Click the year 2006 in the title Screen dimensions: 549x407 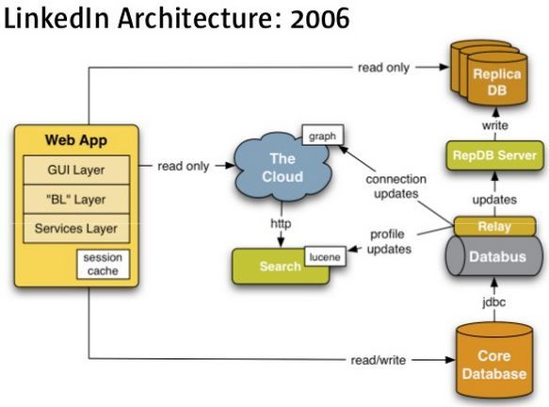pos(319,18)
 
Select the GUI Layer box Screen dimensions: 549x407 pos(76,170)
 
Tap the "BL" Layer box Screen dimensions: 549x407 pos(76,200)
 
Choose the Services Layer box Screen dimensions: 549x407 pos(76,228)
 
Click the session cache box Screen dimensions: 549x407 pos(103,264)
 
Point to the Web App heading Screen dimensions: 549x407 pos(76,140)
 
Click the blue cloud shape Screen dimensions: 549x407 pos(283,167)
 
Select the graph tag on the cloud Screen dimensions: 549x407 pos(322,136)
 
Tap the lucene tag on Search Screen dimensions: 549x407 pos(325,257)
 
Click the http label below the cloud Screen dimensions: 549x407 pos(281,223)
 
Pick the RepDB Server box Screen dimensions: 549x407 pos(494,155)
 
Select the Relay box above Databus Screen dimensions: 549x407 pos(494,226)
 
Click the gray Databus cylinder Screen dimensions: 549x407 pos(495,256)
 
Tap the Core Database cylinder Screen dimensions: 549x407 pos(494,361)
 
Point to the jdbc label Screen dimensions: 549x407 pos(494,301)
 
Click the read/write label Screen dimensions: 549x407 pos(379,360)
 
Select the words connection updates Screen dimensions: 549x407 pos(396,187)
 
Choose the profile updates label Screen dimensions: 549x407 pos(389,242)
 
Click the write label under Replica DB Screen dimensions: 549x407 pos(494,125)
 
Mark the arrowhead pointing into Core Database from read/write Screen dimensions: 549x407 pos(451,360)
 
